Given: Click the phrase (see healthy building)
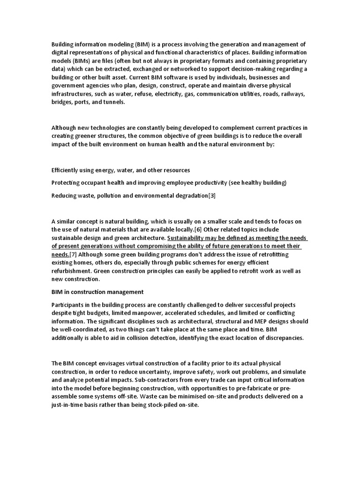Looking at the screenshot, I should point(257,182).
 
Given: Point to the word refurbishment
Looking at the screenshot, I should point(71,271).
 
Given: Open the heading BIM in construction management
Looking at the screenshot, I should point(97,292).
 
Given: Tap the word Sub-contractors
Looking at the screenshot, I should point(172,380).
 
